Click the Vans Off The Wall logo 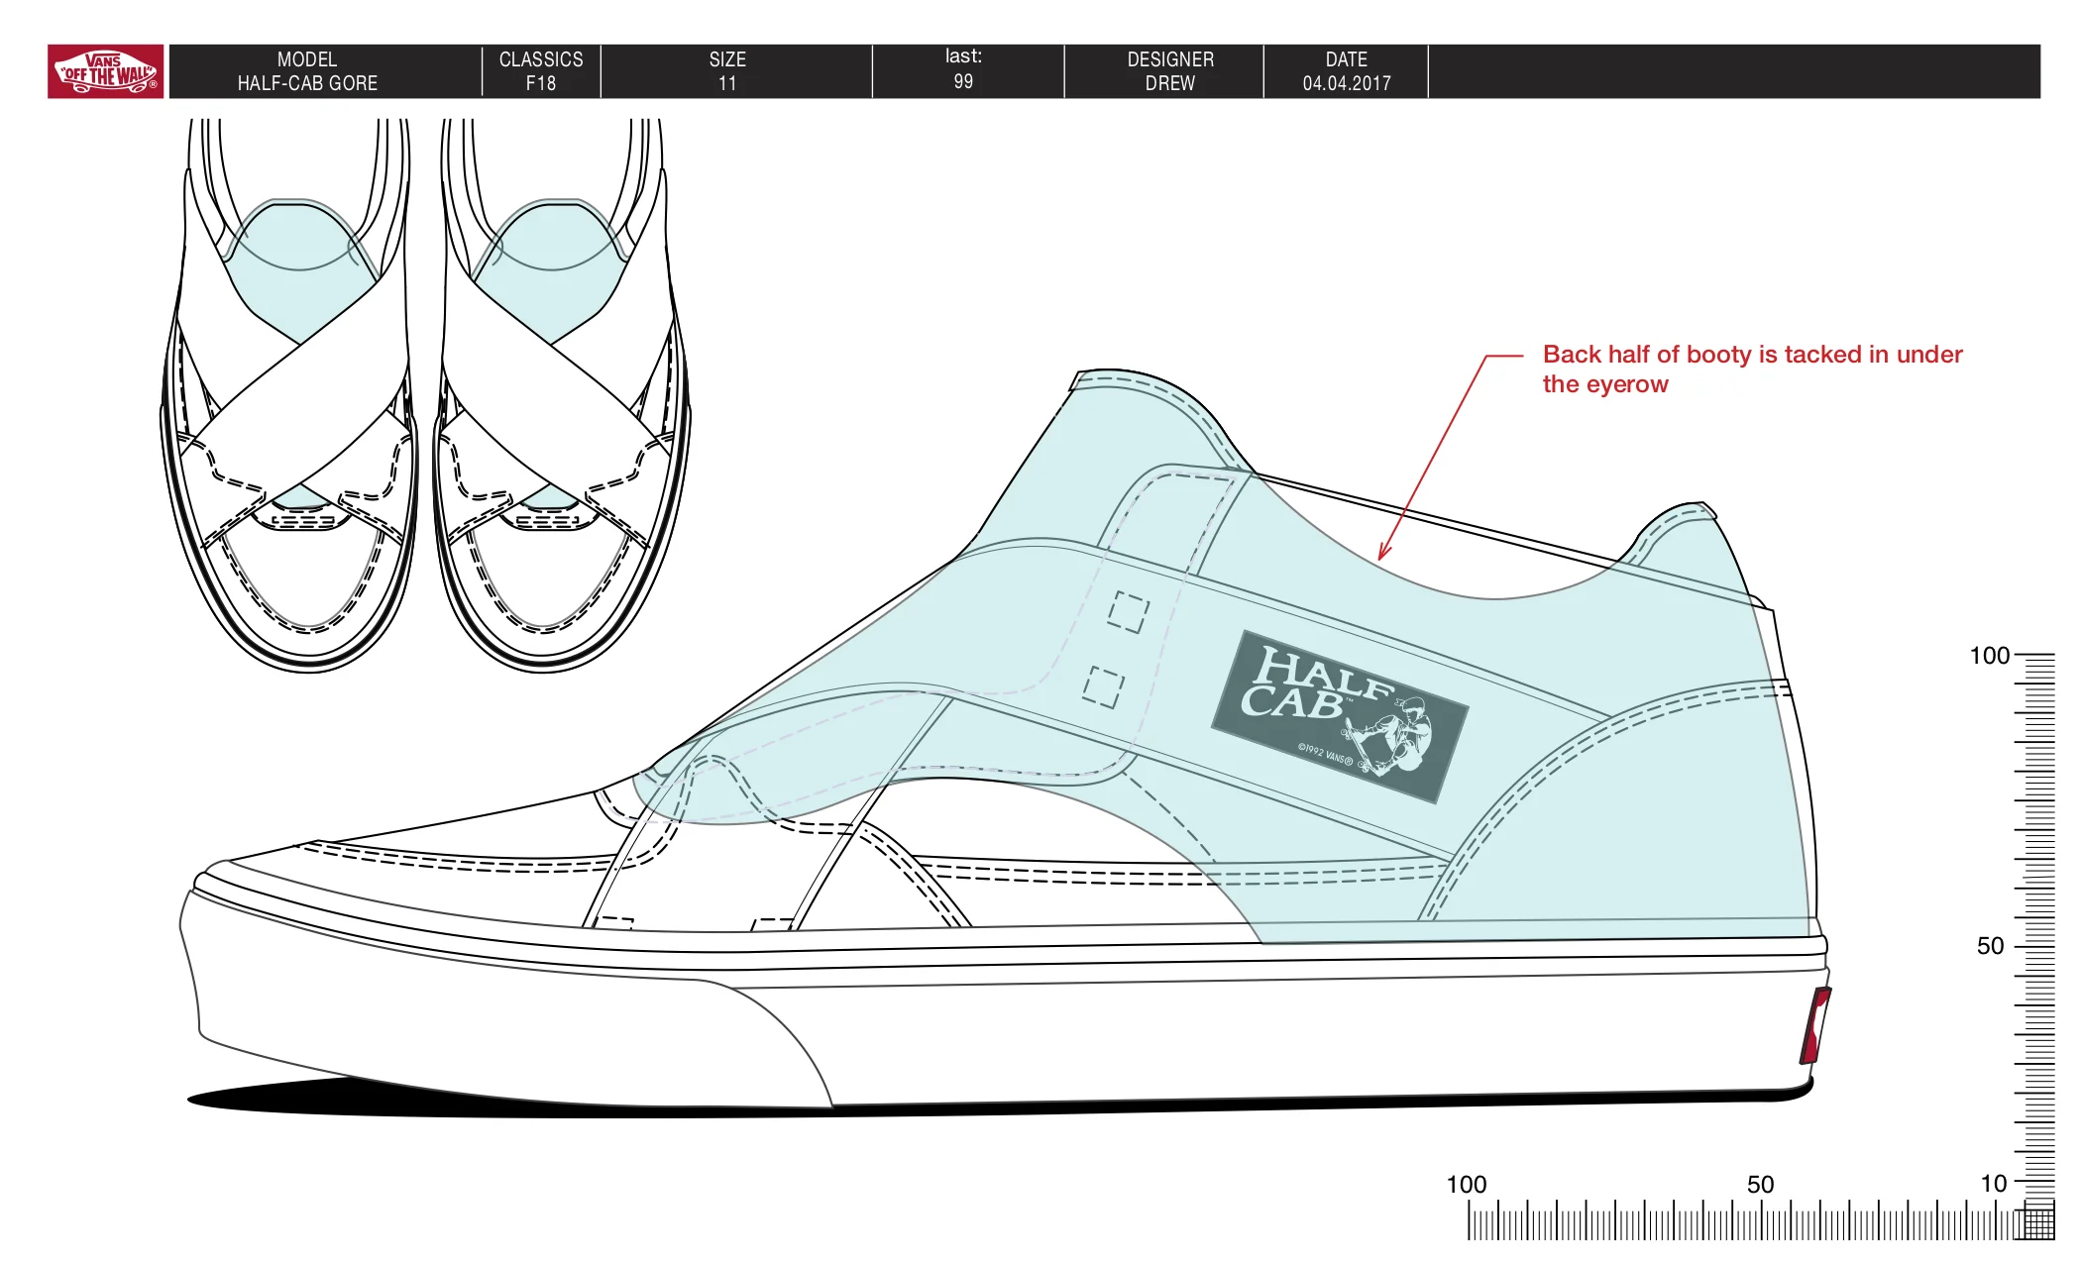(106, 71)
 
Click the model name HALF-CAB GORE (307, 83)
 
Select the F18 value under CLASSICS (541, 83)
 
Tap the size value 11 (727, 83)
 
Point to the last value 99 (963, 81)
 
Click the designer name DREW (1170, 83)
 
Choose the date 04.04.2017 (1347, 83)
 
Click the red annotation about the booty (1752, 368)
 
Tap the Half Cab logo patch (1340, 716)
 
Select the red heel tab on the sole (1815, 1025)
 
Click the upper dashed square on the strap (1129, 612)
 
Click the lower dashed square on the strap (1103, 687)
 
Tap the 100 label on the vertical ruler (1989, 656)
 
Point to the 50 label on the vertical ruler (1990, 946)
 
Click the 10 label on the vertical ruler (1993, 1184)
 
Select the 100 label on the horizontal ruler (1467, 1185)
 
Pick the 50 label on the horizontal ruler (1760, 1185)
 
